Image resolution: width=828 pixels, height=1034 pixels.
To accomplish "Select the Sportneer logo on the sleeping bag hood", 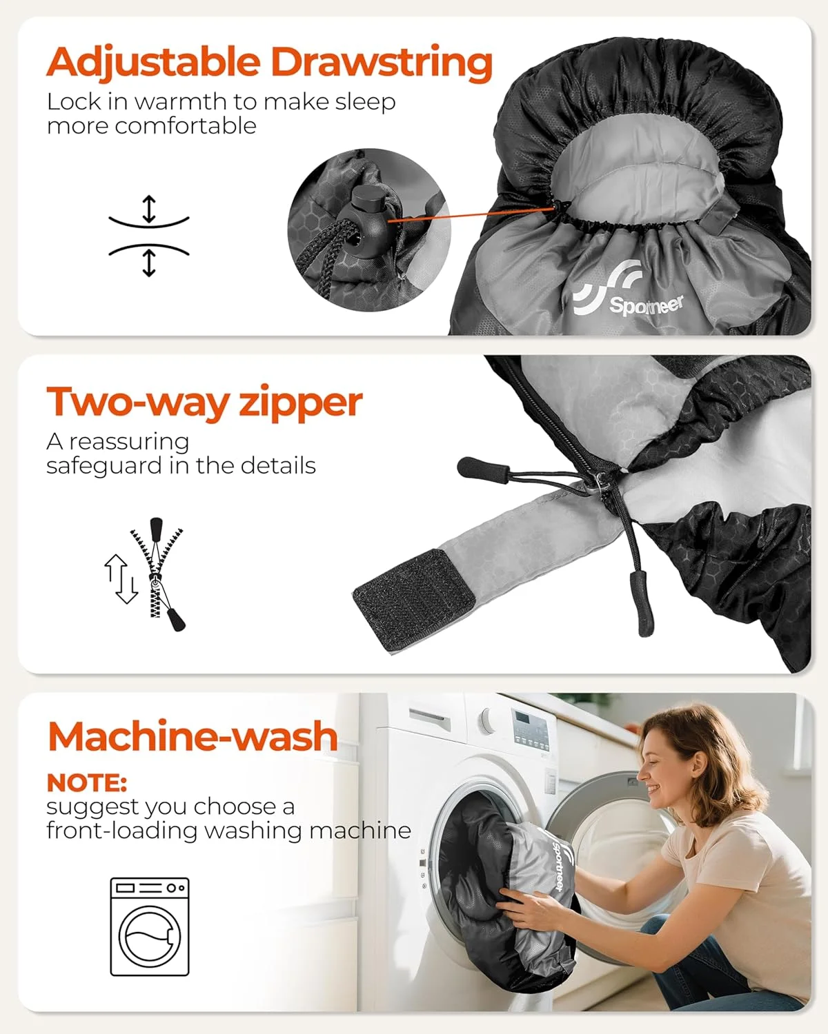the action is tap(629, 290).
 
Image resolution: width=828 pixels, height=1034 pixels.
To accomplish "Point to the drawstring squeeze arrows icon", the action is tap(149, 236).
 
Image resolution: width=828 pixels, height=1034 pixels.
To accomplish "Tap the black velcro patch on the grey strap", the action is tap(414, 600).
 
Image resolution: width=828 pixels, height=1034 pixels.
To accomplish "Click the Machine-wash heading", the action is tap(193, 737).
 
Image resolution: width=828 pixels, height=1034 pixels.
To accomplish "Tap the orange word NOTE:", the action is tap(87, 783).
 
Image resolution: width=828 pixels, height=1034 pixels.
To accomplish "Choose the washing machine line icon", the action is tap(150, 927).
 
